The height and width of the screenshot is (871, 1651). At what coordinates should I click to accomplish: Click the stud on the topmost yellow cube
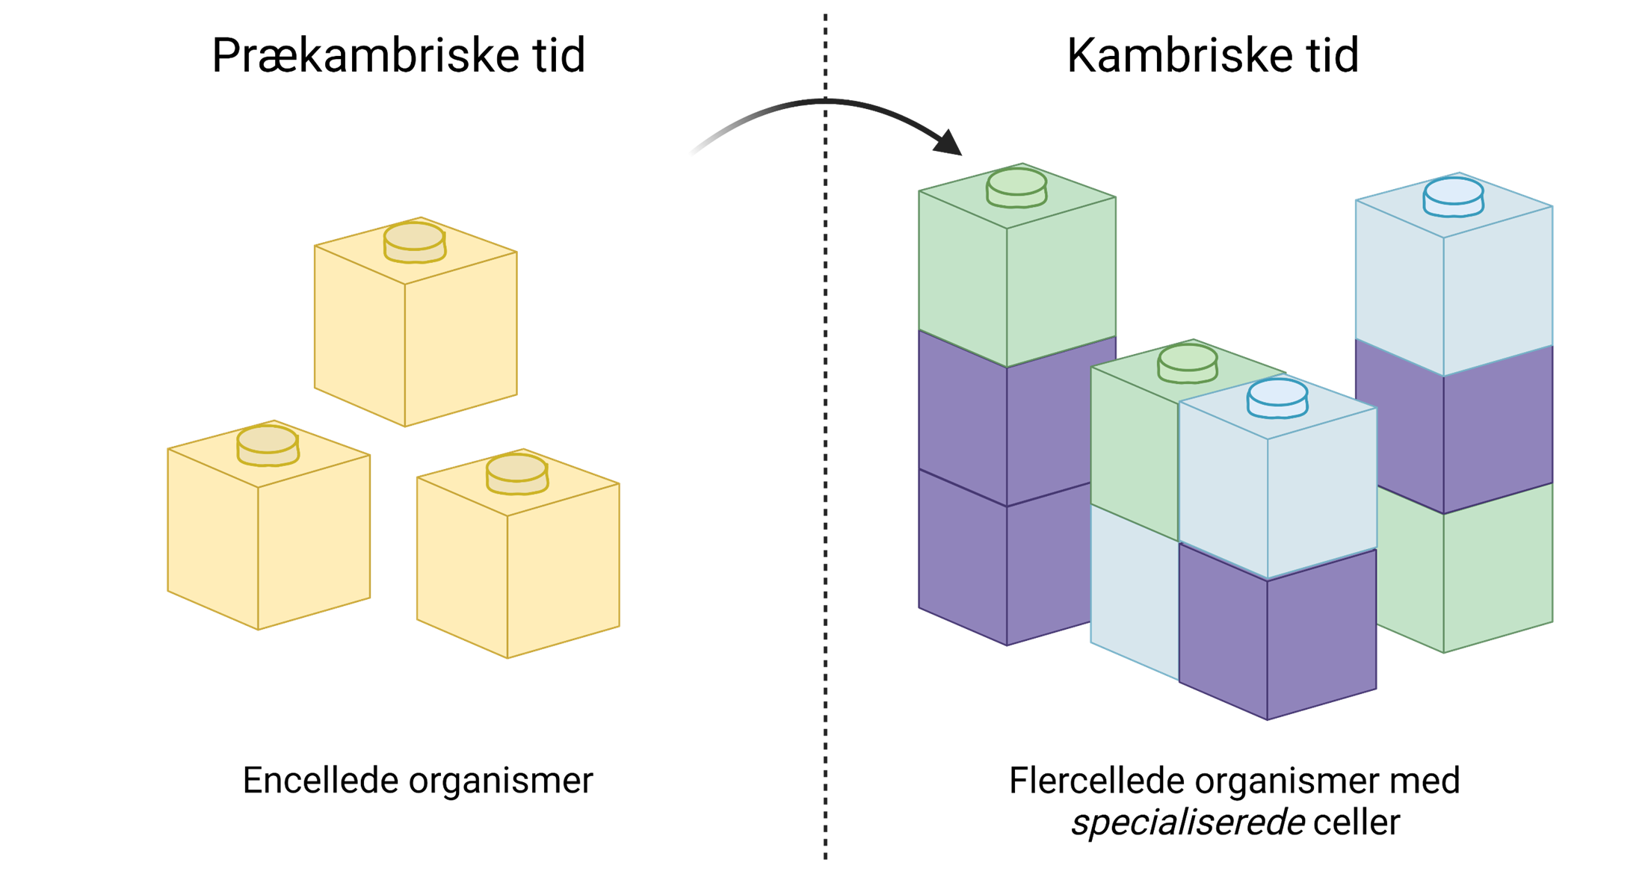[x=415, y=241]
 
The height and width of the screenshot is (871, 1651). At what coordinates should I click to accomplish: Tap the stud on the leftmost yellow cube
[x=268, y=444]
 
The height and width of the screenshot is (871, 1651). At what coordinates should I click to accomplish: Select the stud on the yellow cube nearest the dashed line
[x=516, y=474]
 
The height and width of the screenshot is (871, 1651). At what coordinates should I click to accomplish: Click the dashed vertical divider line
[x=825, y=448]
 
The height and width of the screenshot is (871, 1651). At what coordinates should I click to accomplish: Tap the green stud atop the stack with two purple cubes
[x=1016, y=187]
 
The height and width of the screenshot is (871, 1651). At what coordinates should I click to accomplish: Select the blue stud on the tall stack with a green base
[x=1453, y=196]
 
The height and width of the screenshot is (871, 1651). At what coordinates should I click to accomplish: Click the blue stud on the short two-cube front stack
[x=1277, y=397]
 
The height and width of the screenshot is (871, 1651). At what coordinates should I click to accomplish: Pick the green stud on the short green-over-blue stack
[x=1188, y=362]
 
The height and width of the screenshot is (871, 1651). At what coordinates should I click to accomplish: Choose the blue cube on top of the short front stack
[x=1277, y=493]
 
